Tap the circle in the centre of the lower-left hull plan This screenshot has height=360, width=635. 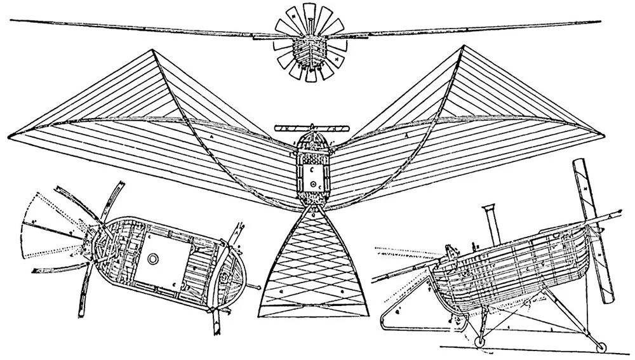click(152, 258)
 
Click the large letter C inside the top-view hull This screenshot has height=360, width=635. click(312, 170)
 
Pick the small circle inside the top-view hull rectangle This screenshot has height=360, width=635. click(313, 183)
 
